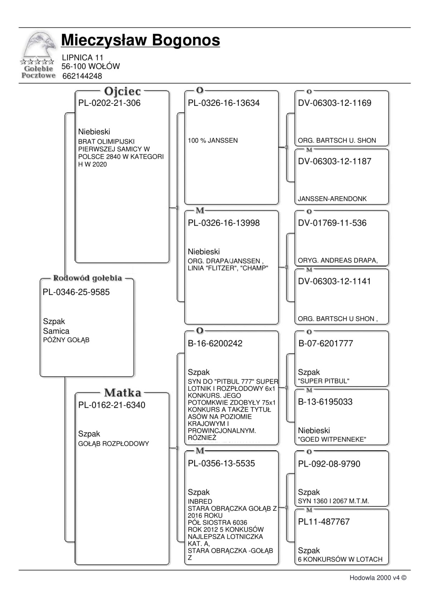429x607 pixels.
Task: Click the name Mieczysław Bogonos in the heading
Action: tap(140, 40)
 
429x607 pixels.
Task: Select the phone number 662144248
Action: tap(82, 76)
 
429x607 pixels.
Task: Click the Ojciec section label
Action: tap(122, 92)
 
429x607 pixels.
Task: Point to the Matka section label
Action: tap(123, 393)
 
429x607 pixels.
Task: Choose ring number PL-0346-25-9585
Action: tap(76, 292)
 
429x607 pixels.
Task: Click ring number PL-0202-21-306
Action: tap(109, 103)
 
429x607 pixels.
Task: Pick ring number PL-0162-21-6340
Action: tap(112, 405)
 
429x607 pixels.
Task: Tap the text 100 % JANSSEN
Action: tap(213, 141)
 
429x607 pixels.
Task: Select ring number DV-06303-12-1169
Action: tap(335, 103)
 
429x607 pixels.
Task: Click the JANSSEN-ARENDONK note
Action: tap(332, 199)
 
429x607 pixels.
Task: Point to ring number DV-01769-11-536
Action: tap(332, 223)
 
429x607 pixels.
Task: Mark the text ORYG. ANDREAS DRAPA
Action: tap(337, 260)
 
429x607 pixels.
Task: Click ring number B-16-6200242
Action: tap(215, 343)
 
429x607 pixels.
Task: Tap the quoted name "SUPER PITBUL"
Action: tap(324, 381)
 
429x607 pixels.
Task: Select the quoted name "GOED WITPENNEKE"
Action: tap(332, 439)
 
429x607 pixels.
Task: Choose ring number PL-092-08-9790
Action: tap(329, 464)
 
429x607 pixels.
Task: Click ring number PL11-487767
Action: tap(324, 522)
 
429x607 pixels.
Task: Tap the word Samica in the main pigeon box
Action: tap(56, 331)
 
